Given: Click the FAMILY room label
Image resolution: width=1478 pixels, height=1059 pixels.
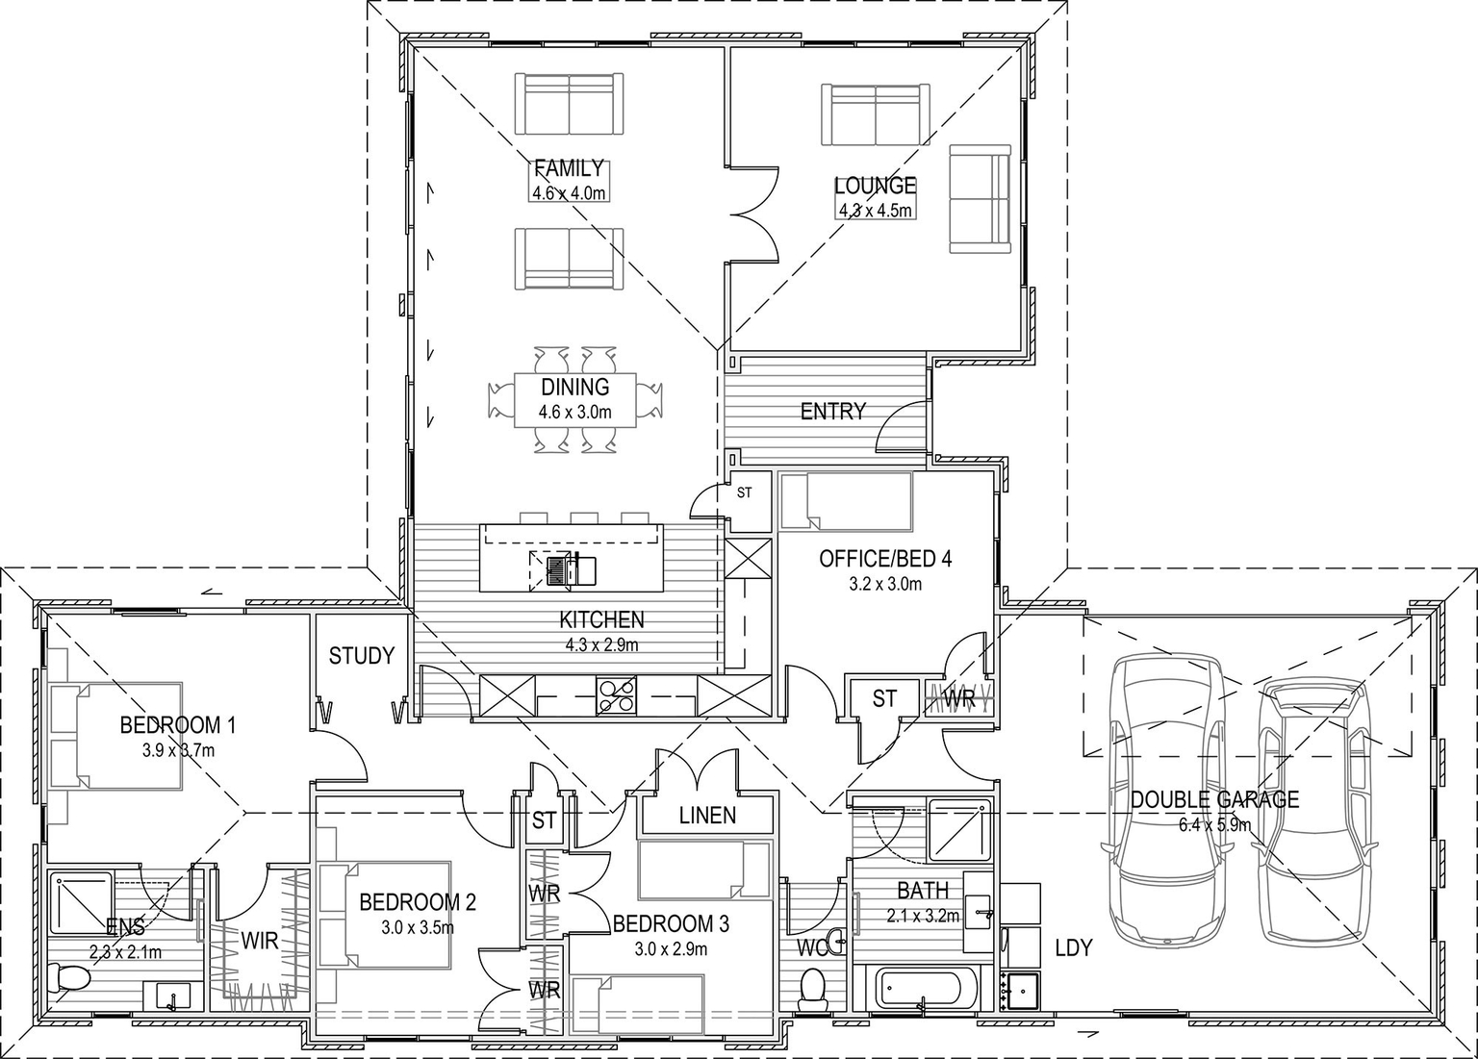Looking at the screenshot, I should click(x=569, y=169).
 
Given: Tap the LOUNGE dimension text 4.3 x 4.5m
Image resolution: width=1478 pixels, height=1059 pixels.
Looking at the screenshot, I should click(x=875, y=210).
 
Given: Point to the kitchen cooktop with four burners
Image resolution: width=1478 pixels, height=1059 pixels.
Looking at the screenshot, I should click(x=616, y=693).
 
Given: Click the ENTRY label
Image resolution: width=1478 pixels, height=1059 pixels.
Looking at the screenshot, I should click(x=832, y=412).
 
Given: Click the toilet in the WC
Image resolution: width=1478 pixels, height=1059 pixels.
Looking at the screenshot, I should click(x=813, y=987).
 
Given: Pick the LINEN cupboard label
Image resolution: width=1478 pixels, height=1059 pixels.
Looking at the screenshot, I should click(x=707, y=816).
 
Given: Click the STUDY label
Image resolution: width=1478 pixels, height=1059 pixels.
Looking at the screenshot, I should click(x=361, y=656).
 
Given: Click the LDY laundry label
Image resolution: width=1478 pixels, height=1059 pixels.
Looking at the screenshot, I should click(x=1073, y=947).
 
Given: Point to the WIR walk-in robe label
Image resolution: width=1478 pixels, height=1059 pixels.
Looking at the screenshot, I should click(x=260, y=940).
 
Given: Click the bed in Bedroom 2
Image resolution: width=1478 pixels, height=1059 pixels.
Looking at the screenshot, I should click(x=385, y=914).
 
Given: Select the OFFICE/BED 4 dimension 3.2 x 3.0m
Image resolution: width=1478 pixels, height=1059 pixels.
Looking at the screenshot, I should click(x=884, y=584).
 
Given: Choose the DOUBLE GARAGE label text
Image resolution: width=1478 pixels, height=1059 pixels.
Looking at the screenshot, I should click(x=1214, y=799).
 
